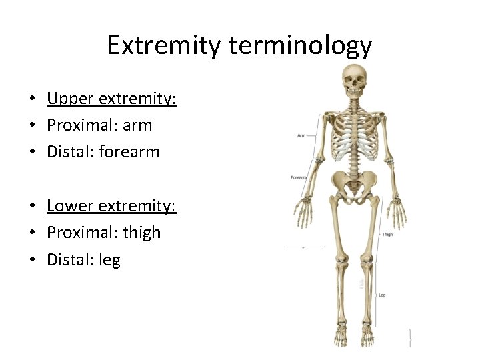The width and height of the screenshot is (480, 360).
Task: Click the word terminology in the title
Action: click(x=299, y=45)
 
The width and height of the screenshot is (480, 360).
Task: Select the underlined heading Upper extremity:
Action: click(x=111, y=99)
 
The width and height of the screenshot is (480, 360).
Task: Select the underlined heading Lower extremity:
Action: click(x=111, y=206)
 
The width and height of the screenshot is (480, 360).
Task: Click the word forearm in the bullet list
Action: click(x=129, y=152)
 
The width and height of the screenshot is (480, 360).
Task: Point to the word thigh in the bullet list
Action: click(x=142, y=233)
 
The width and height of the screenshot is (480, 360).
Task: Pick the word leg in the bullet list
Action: click(x=109, y=259)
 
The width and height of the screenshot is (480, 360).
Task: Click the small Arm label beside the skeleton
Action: click(x=301, y=135)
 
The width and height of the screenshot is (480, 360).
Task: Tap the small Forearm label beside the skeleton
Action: click(x=298, y=178)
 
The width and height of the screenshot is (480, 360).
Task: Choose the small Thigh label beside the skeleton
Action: click(x=387, y=235)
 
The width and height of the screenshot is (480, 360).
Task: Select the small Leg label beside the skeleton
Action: click(x=382, y=295)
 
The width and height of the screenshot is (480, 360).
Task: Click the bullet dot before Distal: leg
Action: click(x=32, y=260)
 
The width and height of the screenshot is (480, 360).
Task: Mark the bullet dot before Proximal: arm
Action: click(x=32, y=126)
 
